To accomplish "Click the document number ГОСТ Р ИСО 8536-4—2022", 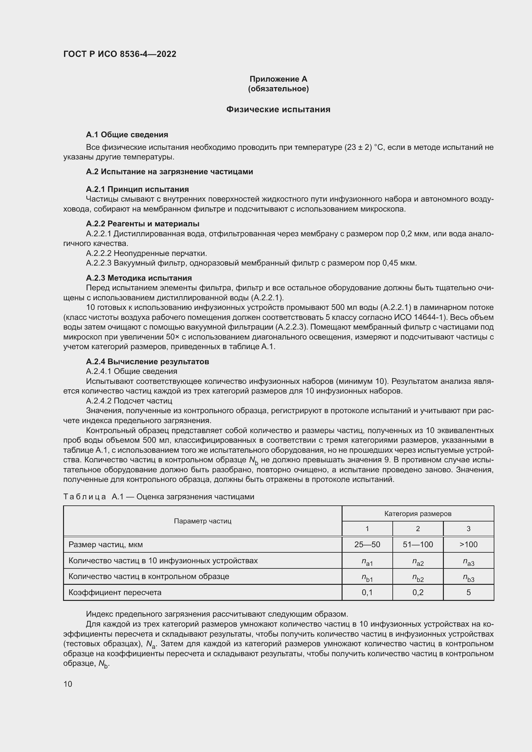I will click(x=120, y=54).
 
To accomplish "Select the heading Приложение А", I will click(x=278, y=79).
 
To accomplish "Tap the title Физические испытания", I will click(x=278, y=109).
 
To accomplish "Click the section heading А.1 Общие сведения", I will click(x=127, y=135).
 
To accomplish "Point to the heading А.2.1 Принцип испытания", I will click(x=137, y=189).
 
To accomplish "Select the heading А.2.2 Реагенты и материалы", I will click(x=142, y=224).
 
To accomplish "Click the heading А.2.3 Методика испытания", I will click(x=139, y=278).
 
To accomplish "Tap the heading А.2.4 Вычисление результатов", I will click(x=147, y=362).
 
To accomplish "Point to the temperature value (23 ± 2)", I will click(x=358, y=147).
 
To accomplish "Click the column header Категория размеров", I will click(x=418, y=514).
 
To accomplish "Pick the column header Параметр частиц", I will click(x=202, y=521).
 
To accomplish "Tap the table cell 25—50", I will click(x=367, y=545).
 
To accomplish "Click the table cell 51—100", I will click(x=418, y=545).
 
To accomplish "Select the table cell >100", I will click(x=468, y=545).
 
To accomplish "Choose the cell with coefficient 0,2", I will click(x=418, y=593).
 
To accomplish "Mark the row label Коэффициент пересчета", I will click(x=115, y=593).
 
